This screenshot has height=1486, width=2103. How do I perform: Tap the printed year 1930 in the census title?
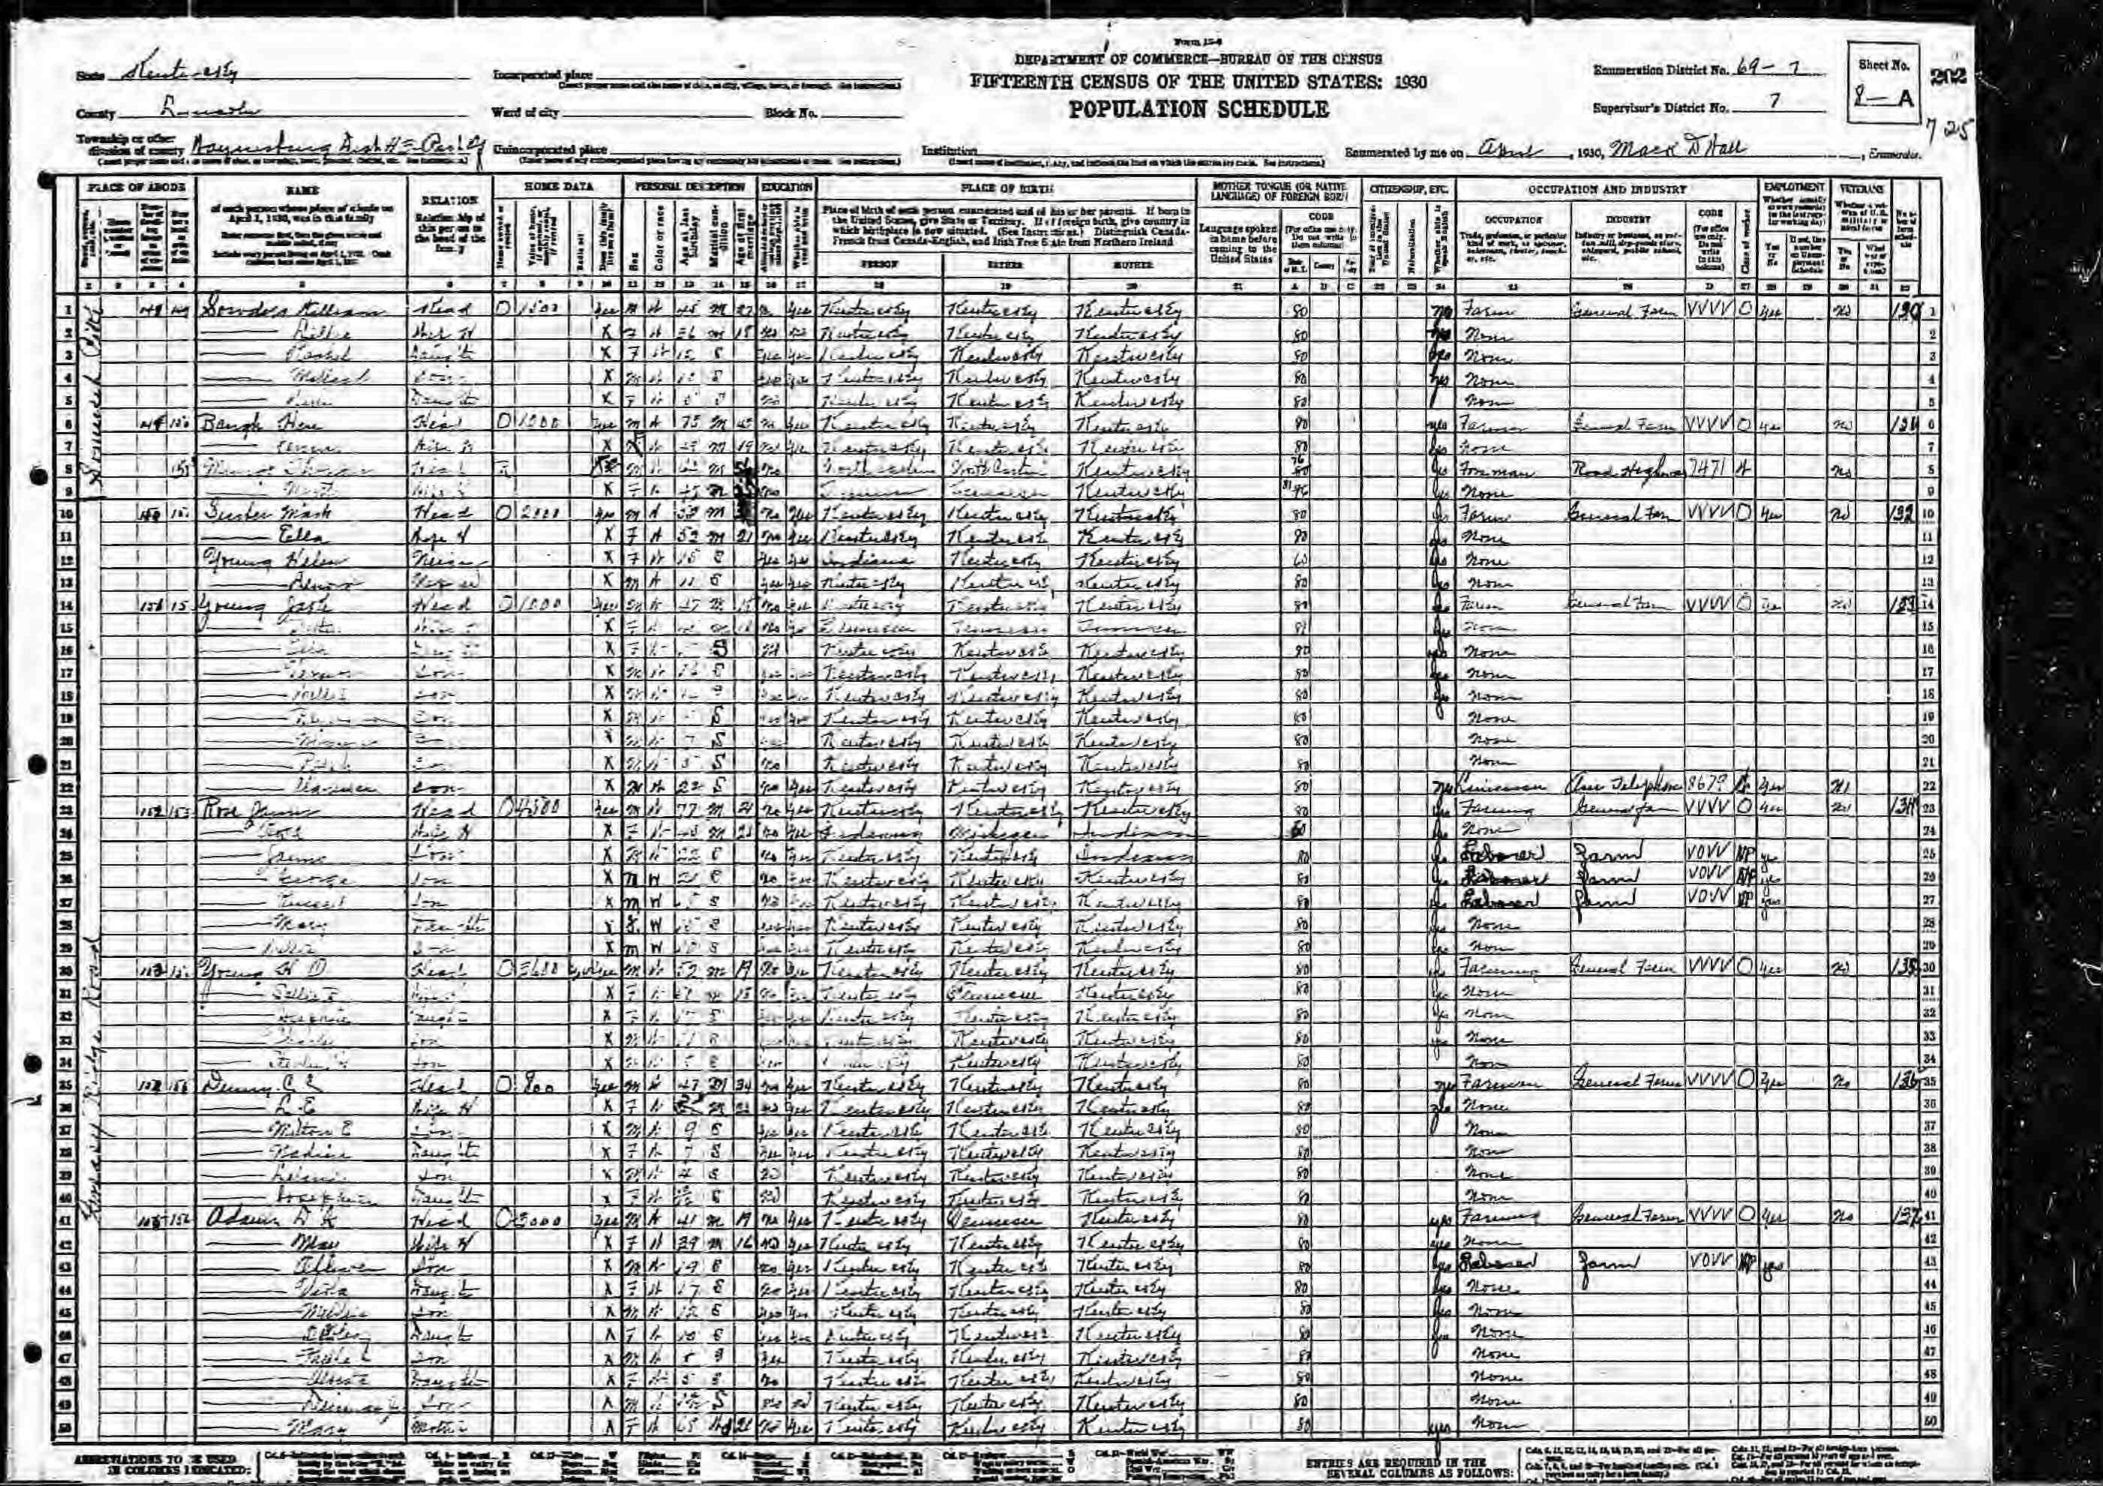pos(1407,83)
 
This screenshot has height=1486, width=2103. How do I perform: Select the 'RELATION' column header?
pos(450,200)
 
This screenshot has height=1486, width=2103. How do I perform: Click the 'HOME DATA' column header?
pos(546,187)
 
